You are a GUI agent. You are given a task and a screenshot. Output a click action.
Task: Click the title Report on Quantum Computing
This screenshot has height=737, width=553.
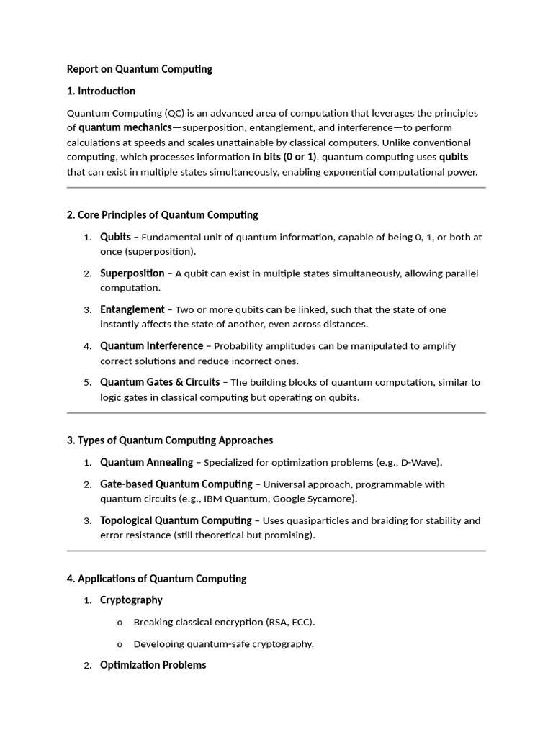140,69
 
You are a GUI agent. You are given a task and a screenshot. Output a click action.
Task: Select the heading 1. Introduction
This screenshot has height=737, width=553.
101,91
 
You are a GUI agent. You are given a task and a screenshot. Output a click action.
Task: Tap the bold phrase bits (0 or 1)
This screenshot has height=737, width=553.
290,157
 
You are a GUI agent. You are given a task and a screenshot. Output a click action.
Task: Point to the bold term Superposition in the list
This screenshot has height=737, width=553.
132,273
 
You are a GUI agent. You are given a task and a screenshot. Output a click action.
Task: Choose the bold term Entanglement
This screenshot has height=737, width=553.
132,309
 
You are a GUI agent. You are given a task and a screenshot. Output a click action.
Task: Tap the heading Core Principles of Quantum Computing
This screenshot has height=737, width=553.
162,214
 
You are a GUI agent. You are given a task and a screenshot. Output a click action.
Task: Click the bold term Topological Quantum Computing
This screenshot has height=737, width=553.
176,520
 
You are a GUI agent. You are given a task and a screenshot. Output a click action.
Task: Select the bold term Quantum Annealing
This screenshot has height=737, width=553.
147,462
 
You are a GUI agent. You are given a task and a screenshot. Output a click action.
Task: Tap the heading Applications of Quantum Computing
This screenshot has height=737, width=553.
156,578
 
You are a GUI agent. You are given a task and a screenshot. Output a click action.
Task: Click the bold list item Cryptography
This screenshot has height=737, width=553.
131,600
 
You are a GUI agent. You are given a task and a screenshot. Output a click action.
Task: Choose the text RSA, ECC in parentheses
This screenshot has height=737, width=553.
289,622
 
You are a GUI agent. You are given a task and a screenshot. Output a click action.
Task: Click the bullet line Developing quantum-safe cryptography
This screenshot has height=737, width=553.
223,643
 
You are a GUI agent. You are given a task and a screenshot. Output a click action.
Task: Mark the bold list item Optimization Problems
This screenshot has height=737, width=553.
153,664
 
